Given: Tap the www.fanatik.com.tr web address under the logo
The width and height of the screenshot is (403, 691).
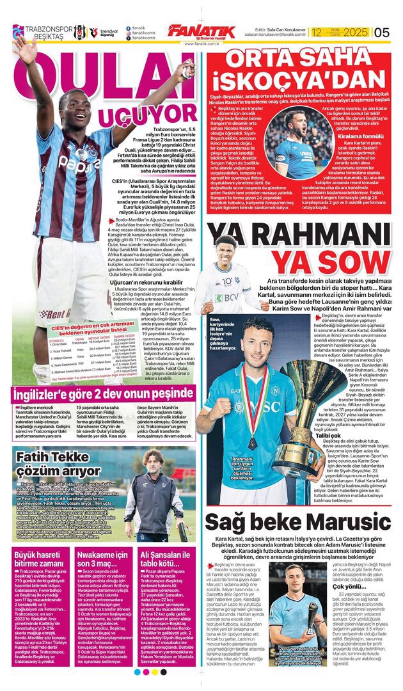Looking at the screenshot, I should coord(201,44).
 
